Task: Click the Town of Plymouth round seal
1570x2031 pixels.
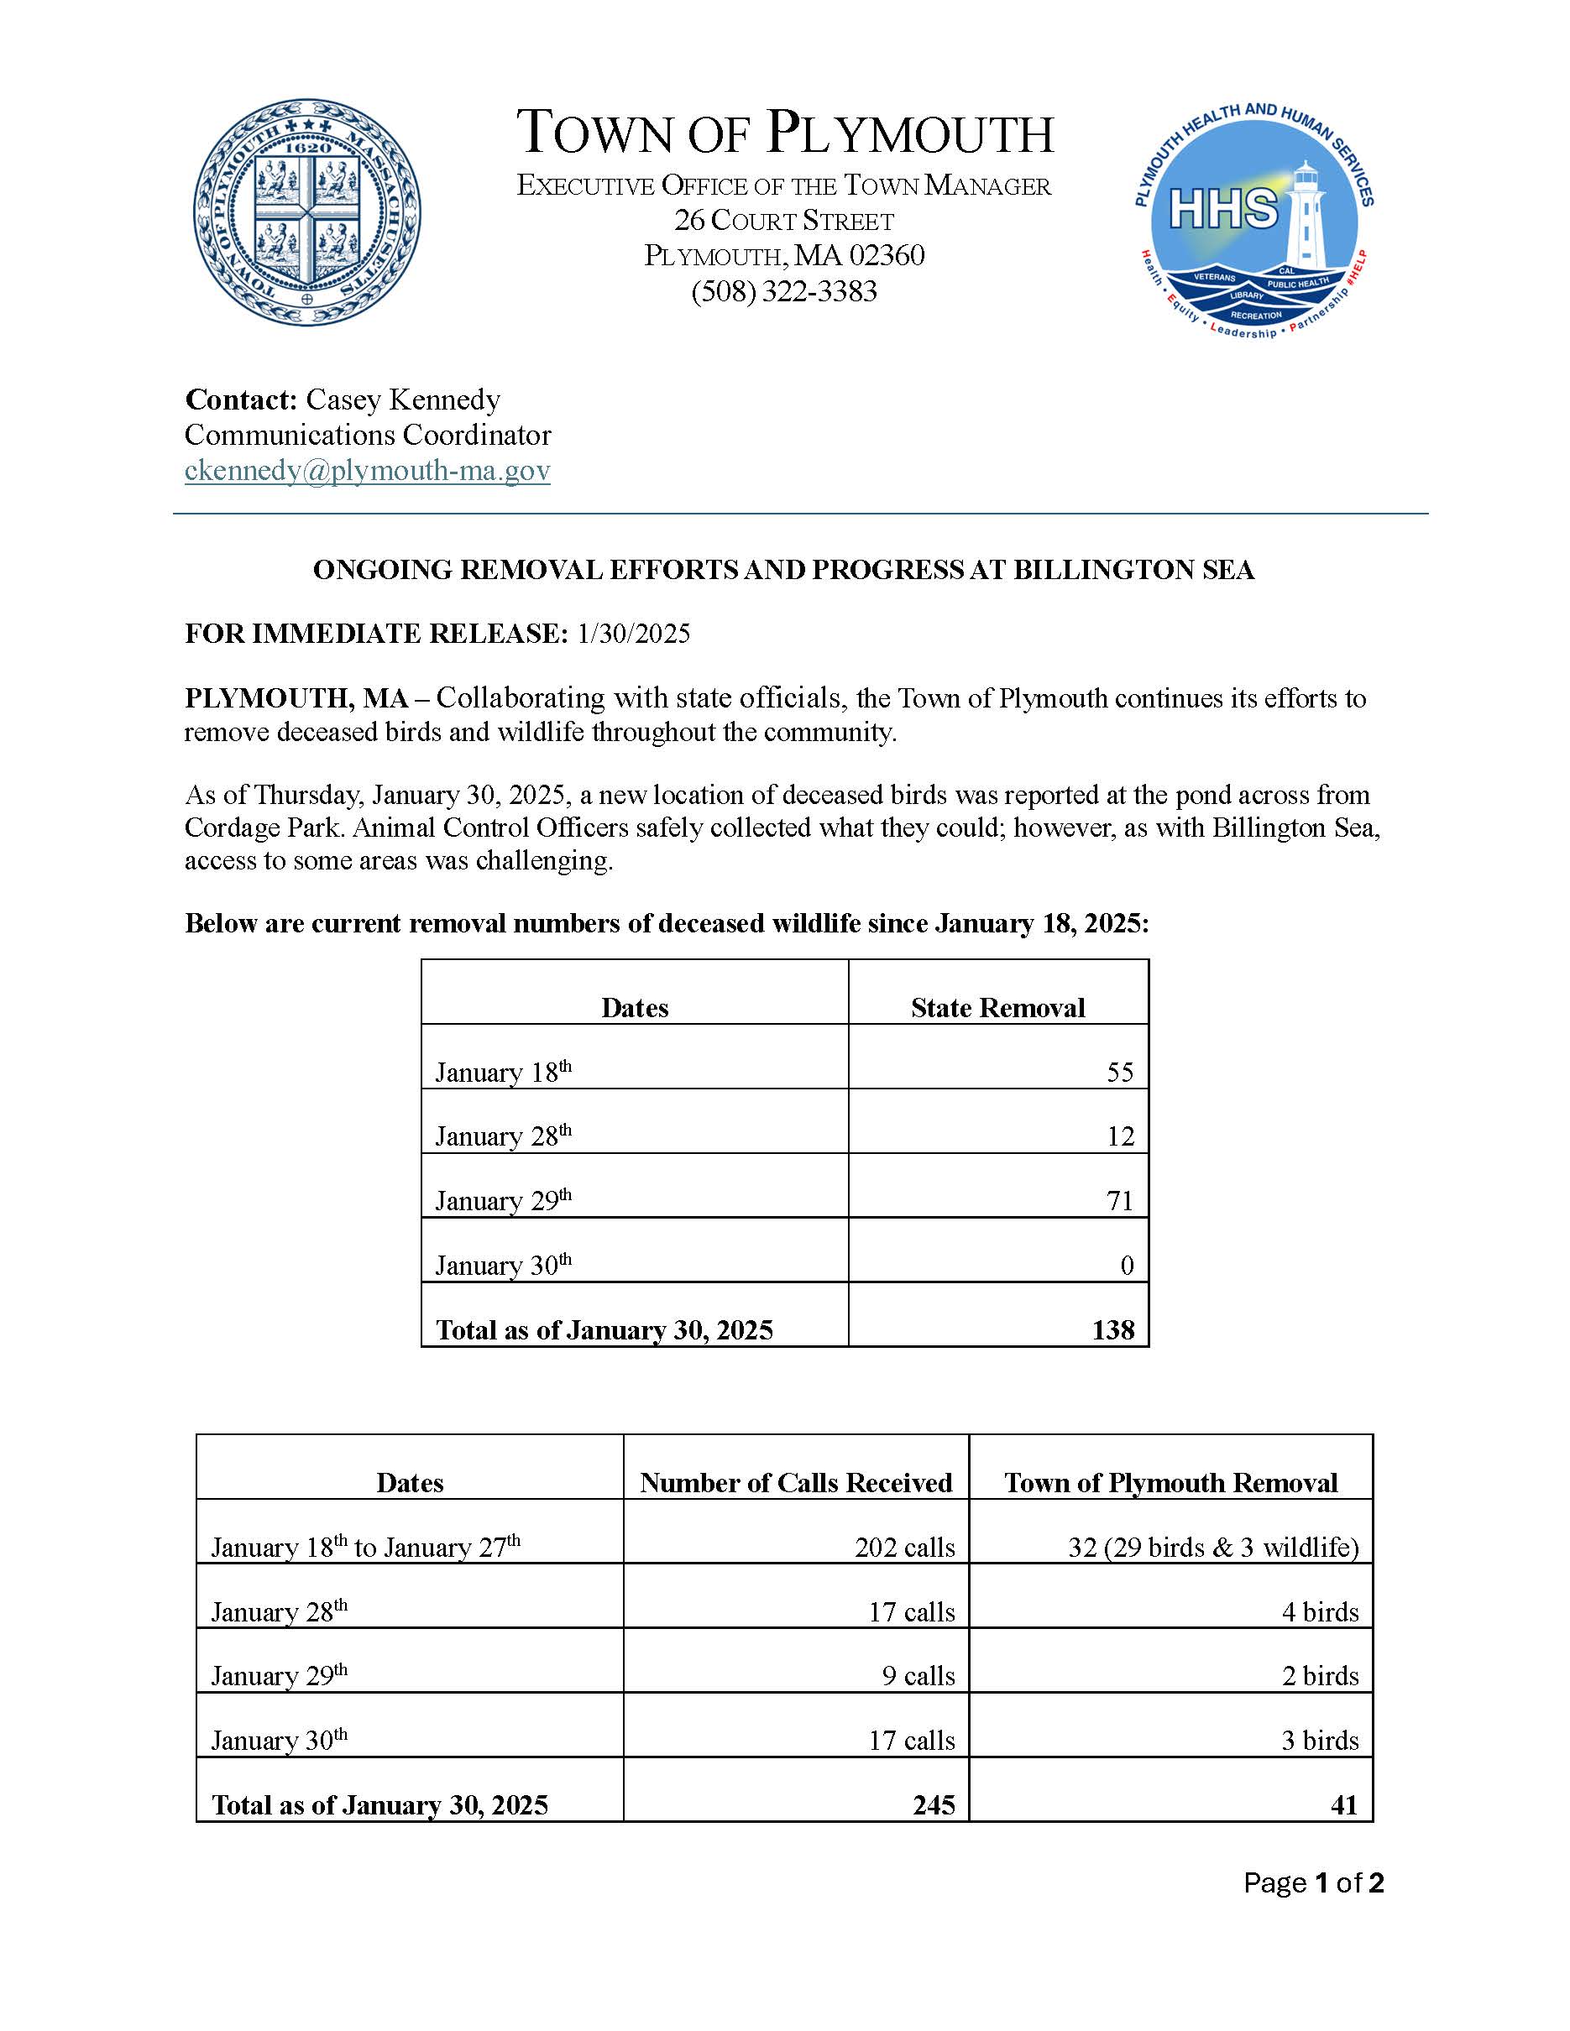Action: click(307, 213)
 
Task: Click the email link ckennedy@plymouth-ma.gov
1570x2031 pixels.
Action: click(368, 471)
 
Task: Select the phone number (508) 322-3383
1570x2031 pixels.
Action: click(784, 292)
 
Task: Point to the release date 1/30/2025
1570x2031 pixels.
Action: click(633, 634)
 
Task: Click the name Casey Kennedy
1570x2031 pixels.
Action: click(403, 399)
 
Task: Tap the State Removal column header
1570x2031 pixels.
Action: click(997, 1008)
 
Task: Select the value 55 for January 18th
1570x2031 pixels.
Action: click(1120, 1073)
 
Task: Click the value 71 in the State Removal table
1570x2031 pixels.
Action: click(1120, 1201)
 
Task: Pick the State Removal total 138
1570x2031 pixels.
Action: click(1113, 1330)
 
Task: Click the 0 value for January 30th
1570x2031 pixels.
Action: click(1127, 1266)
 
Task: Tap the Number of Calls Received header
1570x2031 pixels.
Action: click(795, 1482)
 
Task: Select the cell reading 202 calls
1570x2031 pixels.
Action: click(904, 1548)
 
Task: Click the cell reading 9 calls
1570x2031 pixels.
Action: click(918, 1676)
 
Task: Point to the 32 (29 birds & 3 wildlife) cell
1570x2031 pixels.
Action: click(1213, 1548)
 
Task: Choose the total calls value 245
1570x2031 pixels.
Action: click(934, 1805)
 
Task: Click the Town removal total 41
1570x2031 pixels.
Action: click(1344, 1805)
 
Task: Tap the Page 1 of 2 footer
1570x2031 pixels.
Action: click(1313, 1883)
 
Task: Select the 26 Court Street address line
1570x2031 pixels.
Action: click(784, 221)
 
